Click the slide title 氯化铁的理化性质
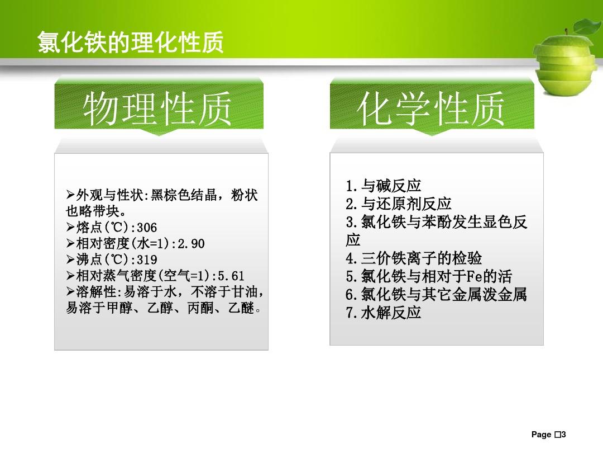coord(130,42)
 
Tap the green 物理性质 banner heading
coord(157,109)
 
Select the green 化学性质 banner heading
coord(430,109)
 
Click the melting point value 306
coord(147,228)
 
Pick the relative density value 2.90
coord(191,244)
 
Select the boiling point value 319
coord(147,260)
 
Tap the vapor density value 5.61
coord(231,276)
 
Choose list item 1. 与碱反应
coord(384,186)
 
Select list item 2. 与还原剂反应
coord(399,204)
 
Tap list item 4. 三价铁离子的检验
coord(414,258)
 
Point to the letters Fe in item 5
coord(475,276)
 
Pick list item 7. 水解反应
coord(384,313)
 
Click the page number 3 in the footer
coord(563,435)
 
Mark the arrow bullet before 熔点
coord(70,227)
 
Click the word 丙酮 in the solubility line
coord(200,308)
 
